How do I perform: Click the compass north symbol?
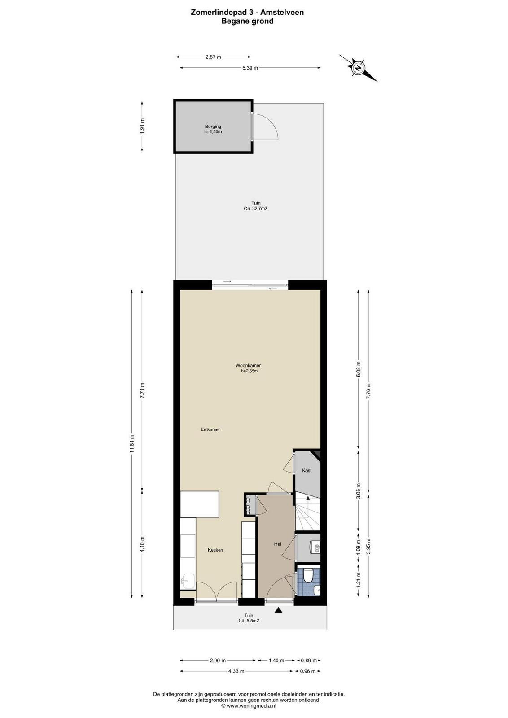358,68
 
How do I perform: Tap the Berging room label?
213,126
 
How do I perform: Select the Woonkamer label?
248,365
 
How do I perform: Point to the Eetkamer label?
210,429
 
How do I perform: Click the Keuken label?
215,550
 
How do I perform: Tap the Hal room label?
277,544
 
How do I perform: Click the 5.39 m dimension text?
250,68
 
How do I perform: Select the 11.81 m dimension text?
132,444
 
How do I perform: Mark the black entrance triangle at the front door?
279,611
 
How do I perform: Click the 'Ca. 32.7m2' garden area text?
255,208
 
